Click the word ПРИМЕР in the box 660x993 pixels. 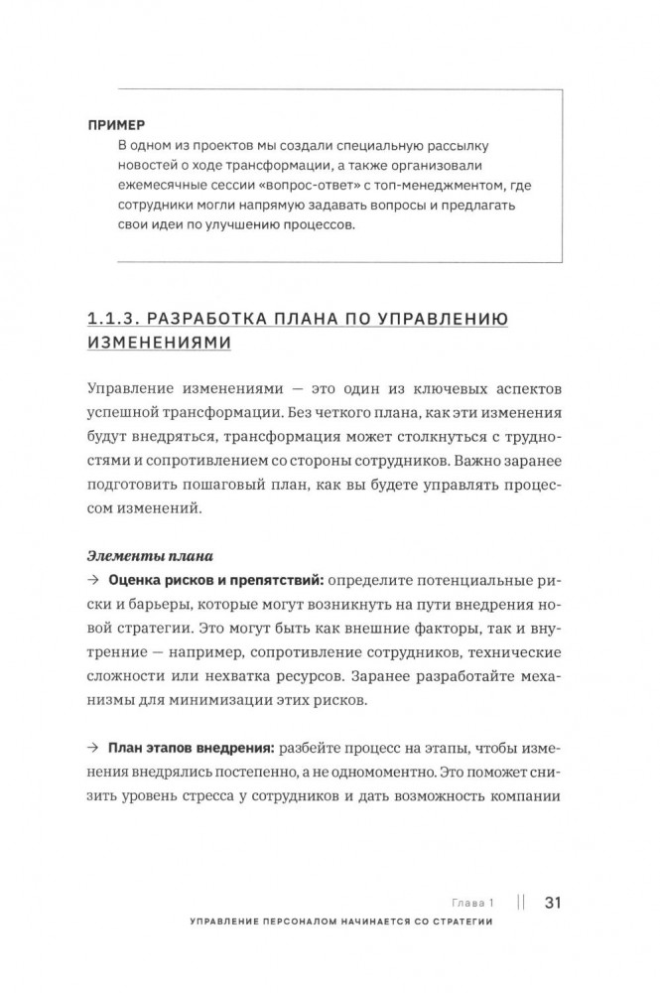point(116,125)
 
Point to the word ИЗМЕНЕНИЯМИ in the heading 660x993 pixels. point(160,343)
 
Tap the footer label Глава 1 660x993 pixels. point(471,903)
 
